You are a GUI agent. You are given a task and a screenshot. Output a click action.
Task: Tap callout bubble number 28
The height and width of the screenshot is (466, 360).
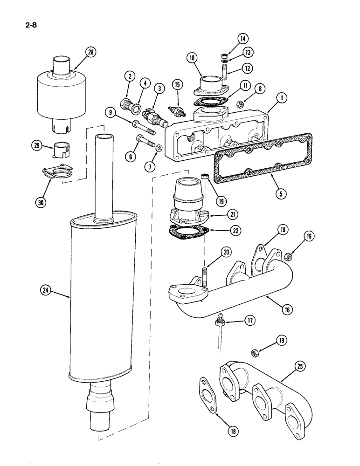[x=91, y=53]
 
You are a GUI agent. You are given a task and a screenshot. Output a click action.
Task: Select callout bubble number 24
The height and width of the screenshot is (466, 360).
[x=45, y=292]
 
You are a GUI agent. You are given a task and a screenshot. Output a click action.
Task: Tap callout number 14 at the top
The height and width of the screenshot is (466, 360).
[x=243, y=39]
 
